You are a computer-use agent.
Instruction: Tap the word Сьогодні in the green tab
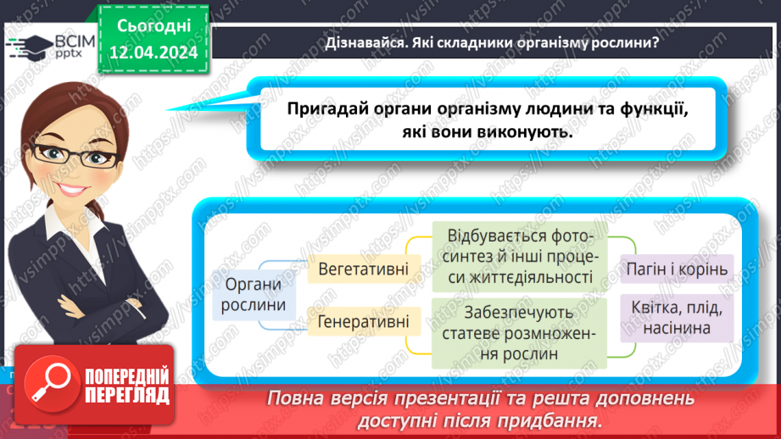tap(153, 25)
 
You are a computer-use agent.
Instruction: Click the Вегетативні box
tap(363, 270)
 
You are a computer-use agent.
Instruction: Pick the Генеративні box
tap(363, 322)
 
